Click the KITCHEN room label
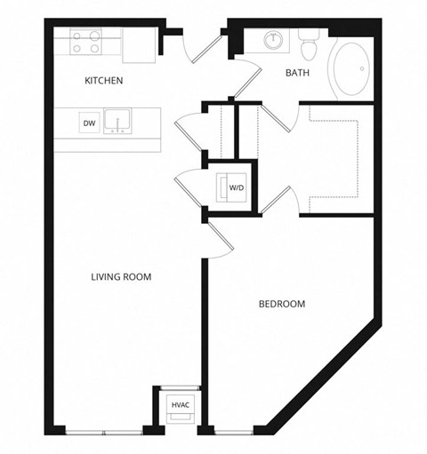(103, 81)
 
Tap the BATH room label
(297, 73)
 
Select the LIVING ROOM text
(121, 277)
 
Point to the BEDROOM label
(281, 304)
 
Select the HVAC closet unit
(180, 406)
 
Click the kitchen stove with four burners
(85, 42)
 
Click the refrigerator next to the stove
(140, 45)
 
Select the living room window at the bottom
(105, 432)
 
